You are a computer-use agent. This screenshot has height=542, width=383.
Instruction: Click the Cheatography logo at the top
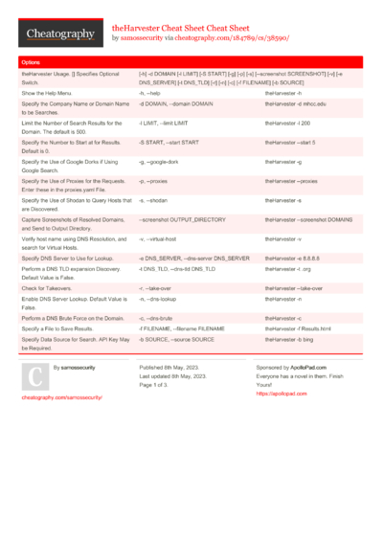60,34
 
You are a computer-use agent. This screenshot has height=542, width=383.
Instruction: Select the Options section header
31,61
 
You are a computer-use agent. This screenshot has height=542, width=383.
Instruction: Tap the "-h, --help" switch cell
154,94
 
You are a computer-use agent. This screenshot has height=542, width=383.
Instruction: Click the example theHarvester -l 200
289,124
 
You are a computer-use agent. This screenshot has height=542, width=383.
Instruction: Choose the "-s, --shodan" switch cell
155,199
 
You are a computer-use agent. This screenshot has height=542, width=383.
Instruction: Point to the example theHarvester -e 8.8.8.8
293,259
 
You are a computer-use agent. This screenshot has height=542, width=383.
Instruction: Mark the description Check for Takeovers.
49,287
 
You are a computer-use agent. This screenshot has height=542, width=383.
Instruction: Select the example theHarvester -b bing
290,339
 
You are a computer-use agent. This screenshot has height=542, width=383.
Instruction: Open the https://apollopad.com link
276,393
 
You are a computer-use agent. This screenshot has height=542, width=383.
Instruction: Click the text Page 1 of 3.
158,384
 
